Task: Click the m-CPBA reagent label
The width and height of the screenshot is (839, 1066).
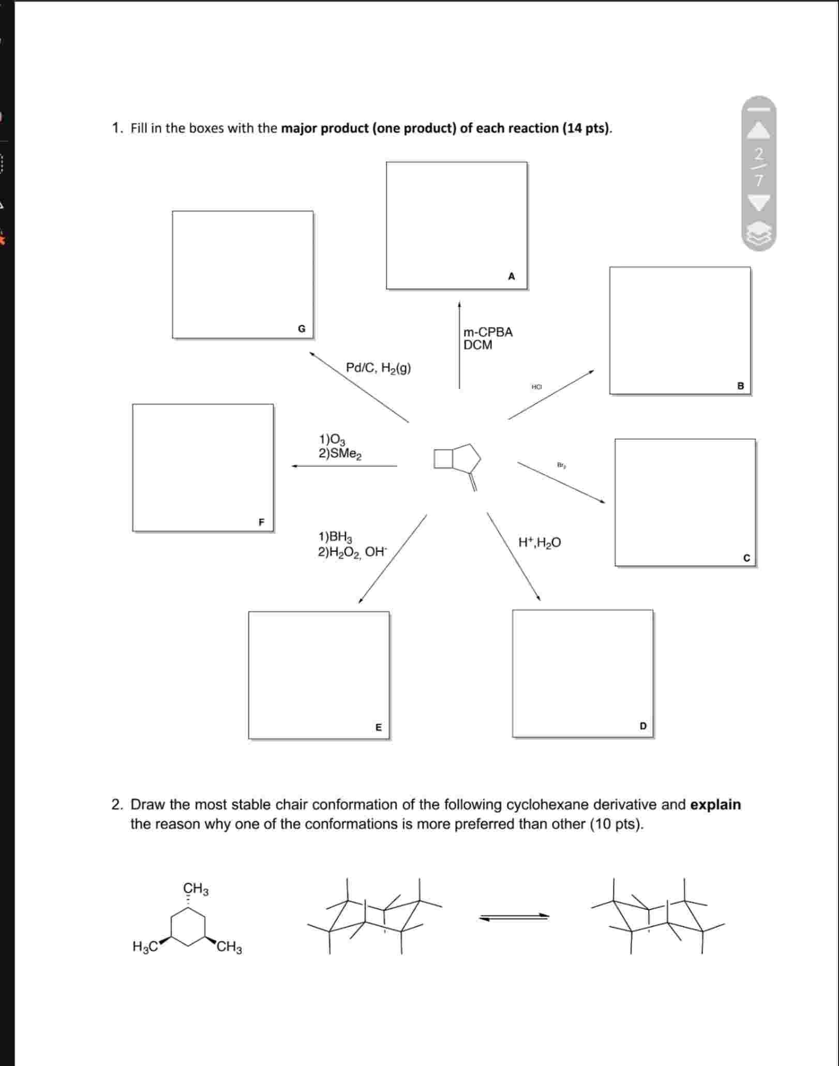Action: point(488,332)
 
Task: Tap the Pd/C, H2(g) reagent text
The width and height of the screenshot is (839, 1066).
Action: point(378,368)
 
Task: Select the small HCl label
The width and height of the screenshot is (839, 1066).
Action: point(536,387)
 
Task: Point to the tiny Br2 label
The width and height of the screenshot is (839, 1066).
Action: point(561,465)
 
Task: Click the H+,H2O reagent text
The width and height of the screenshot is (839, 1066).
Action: point(539,543)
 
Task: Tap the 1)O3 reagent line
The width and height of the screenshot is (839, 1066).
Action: point(332,440)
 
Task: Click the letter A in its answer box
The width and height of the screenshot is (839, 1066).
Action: point(511,276)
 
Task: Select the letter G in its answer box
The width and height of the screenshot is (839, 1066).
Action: point(302,328)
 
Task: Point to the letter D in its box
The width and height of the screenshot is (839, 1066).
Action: point(643,726)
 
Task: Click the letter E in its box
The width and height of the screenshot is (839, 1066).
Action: point(378,727)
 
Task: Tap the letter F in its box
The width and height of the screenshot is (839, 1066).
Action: point(261,522)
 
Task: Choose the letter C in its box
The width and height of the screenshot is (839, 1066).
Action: point(746,558)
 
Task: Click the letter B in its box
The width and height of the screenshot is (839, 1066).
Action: point(740,386)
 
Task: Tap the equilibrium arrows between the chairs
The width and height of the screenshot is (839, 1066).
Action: point(514,917)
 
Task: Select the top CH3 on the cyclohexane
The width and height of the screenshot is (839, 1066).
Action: point(196,889)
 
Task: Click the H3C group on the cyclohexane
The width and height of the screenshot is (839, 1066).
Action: point(145,947)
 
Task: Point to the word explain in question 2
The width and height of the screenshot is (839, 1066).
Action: point(715,805)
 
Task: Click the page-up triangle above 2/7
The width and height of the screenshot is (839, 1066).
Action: point(758,131)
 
